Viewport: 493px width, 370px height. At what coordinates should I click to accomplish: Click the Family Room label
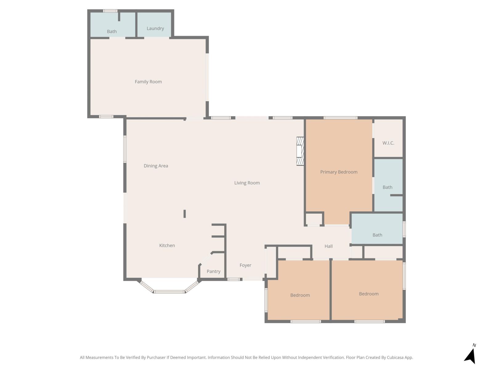click(148, 82)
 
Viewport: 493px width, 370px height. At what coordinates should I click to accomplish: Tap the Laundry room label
click(155, 28)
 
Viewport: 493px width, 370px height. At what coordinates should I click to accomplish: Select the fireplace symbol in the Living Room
click(300, 151)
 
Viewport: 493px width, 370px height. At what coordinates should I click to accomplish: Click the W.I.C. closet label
click(388, 143)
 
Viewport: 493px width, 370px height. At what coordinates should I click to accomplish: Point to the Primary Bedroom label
click(339, 172)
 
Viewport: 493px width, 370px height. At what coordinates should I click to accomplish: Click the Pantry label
click(213, 271)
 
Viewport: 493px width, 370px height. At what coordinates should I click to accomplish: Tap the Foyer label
click(245, 265)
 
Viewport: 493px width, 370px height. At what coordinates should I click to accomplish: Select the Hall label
click(328, 246)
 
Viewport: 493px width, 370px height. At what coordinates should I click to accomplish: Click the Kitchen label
click(167, 245)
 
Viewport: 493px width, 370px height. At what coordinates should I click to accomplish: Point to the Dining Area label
click(156, 166)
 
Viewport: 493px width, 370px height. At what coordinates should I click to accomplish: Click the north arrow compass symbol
click(471, 355)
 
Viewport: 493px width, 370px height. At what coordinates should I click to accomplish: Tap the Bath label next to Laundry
click(112, 31)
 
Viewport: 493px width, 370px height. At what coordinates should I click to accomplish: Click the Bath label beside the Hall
click(377, 235)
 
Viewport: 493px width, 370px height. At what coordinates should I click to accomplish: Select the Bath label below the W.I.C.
click(387, 187)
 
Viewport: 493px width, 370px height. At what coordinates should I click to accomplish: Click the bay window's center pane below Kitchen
click(169, 291)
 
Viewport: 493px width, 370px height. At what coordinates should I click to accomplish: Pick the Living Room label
click(247, 183)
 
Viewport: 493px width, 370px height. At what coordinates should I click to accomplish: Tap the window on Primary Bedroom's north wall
click(340, 118)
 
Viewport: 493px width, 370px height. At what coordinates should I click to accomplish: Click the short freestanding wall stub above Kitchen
click(185, 214)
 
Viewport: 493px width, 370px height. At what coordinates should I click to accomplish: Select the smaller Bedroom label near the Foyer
click(300, 295)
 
